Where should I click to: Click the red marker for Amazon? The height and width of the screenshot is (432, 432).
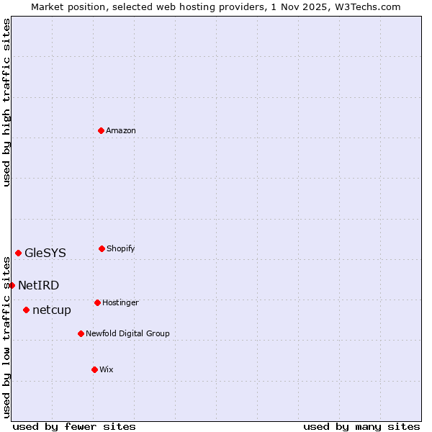click(x=101, y=130)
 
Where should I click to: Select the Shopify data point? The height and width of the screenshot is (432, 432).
click(x=102, y=248)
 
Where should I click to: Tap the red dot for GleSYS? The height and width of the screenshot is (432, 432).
click(x=18, y=253)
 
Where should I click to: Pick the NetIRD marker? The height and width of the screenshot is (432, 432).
click(x=12, y=285)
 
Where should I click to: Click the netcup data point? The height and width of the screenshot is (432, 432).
click(x=26, y=310)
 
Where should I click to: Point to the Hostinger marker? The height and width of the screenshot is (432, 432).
click(x=97, y=302)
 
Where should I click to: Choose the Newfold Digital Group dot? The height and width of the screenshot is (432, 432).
click(x=81, y=333)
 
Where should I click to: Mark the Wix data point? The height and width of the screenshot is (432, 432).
click(x=94, y=369)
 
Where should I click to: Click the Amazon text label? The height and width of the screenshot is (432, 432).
click(x=121, y=130)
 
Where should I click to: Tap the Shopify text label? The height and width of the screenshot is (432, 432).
click(x=121, y=248)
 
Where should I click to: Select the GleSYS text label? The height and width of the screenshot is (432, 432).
click(x=45, y=253)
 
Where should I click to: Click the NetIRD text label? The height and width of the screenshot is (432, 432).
click(x=39, y=285)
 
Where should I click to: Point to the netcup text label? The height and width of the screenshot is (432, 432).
click(x=52, y=310)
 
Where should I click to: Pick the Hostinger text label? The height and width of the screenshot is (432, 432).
click(x=120, y=302)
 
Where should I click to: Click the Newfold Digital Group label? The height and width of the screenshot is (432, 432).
click(x=127, y=333)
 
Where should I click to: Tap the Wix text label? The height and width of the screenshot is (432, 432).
click(x=107, y=369)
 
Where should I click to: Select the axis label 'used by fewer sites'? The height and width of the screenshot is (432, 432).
click(x=74, y=426)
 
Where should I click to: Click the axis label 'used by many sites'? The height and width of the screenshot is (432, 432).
click(x=361, y=426)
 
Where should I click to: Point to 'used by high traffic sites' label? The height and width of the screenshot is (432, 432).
click(x=6, y=102)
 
